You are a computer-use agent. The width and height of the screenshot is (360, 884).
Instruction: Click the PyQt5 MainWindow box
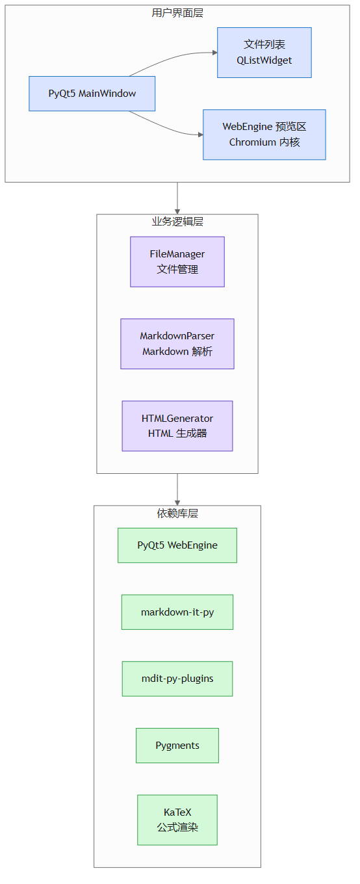[x=92, y=94]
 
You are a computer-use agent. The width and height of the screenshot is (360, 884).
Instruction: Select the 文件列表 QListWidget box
[x=264, y=53]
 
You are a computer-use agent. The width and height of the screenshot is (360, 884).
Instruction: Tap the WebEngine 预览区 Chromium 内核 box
[x=264, y=135]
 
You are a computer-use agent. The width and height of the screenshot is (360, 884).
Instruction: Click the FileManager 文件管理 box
[x=177, y=262]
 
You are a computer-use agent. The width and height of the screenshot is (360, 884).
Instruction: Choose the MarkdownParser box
[x=177, y=344]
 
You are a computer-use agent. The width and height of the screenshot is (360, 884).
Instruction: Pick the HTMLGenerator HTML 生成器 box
[x=177, y=426]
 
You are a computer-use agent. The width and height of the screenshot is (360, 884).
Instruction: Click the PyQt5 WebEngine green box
[x=177, y=545]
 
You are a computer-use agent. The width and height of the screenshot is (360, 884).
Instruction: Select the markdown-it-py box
[x=177, y=612]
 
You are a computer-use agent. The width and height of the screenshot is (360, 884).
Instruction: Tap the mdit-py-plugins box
[x=177, y=679]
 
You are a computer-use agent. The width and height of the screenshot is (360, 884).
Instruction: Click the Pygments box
[x=177, y=746]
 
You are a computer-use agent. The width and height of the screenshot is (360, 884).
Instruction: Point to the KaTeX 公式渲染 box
[x=177, y=820]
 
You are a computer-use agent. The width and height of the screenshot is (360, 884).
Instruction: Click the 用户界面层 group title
[x=177, y=13]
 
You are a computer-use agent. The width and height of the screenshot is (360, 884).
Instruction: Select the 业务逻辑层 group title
[x=177, y=222]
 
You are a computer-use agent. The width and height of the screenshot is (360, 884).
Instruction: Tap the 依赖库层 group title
[x=177, y=513]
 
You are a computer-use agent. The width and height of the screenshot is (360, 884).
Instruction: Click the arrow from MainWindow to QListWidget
[x=172, y=58]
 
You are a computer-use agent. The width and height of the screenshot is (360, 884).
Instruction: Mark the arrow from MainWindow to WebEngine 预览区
[x=166, y=127]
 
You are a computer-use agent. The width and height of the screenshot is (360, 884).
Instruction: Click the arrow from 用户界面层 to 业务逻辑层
[x=177, y=198]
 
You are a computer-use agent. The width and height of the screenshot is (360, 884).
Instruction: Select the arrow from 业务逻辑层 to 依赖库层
[x=177, y=489]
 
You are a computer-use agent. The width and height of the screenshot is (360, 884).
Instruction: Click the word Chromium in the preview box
[x=252, y=142]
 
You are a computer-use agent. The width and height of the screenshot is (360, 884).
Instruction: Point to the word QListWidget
[x=264, y=60]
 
